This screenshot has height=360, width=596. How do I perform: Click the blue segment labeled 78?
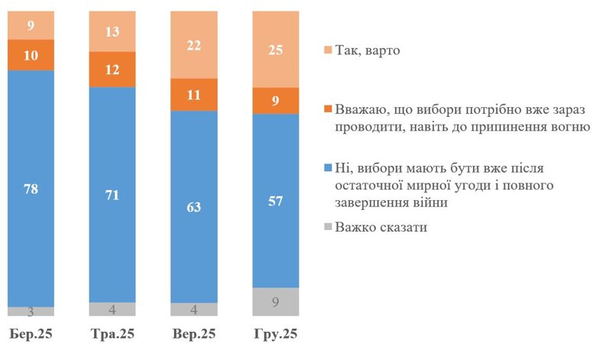[x=31, y=188]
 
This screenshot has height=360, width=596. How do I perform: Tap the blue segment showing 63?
[x=194, y=206]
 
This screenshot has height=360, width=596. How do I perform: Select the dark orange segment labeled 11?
[x=194, y=95]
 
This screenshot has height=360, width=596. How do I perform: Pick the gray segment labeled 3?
[x=31, y=311]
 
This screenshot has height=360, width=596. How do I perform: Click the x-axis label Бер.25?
[x=31, y=335]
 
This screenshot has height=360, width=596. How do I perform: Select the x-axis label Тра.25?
[x=112, y=335]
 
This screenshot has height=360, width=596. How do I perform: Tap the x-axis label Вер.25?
[x=194, y=335]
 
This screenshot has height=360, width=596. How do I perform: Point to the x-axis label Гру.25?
[x=276, y=335]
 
